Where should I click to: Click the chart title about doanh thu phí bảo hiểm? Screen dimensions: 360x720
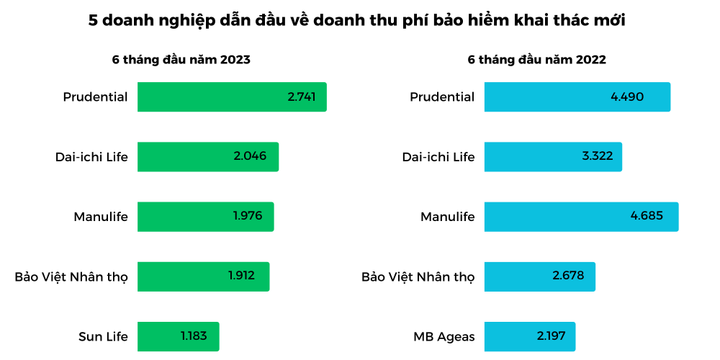[356, 21]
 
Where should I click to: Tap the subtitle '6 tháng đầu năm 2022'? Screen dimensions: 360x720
[536, 60]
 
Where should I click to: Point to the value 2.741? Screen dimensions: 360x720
[301, 97]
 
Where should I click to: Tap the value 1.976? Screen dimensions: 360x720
[247, 216]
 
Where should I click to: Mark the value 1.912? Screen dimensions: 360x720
[241, 276]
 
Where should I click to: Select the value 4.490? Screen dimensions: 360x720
[626, 97]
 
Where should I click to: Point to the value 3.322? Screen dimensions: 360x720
[597, 156]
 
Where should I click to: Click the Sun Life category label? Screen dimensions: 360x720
[103, 336]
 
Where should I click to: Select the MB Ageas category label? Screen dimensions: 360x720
[444, 336]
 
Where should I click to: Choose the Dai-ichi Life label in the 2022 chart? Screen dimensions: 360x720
[438, 157]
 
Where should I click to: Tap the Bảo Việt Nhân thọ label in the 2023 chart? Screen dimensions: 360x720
[71, 276]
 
